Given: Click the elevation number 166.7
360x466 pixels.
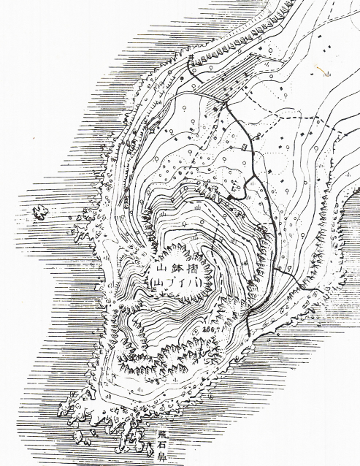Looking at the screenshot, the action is coord(216,331).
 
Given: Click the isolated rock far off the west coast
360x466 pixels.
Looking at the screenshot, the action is coord(39,213).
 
